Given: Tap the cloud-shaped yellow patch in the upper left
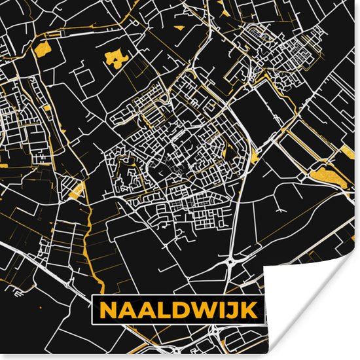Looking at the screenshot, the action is coord(116,60).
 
